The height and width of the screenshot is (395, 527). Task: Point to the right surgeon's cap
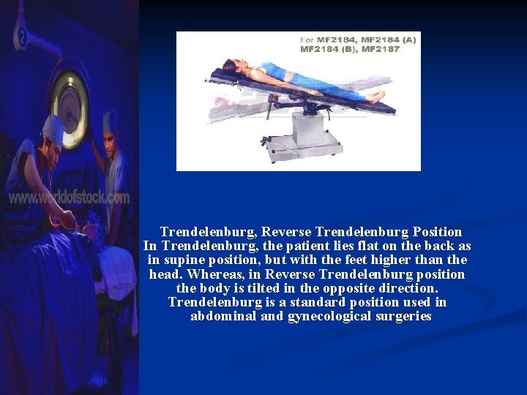click(x=111, y=119)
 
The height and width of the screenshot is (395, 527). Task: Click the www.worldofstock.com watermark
click(x=69, y=197)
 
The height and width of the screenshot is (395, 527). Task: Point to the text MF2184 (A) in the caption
click(x=387, y=39)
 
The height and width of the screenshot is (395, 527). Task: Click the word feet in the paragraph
click(x=384, y=260)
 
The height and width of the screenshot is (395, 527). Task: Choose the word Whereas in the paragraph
click(x=217, y=274)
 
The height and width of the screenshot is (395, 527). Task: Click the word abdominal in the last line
click(x=223, y=317)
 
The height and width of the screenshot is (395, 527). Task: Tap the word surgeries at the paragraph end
click(x=403, y=317)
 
